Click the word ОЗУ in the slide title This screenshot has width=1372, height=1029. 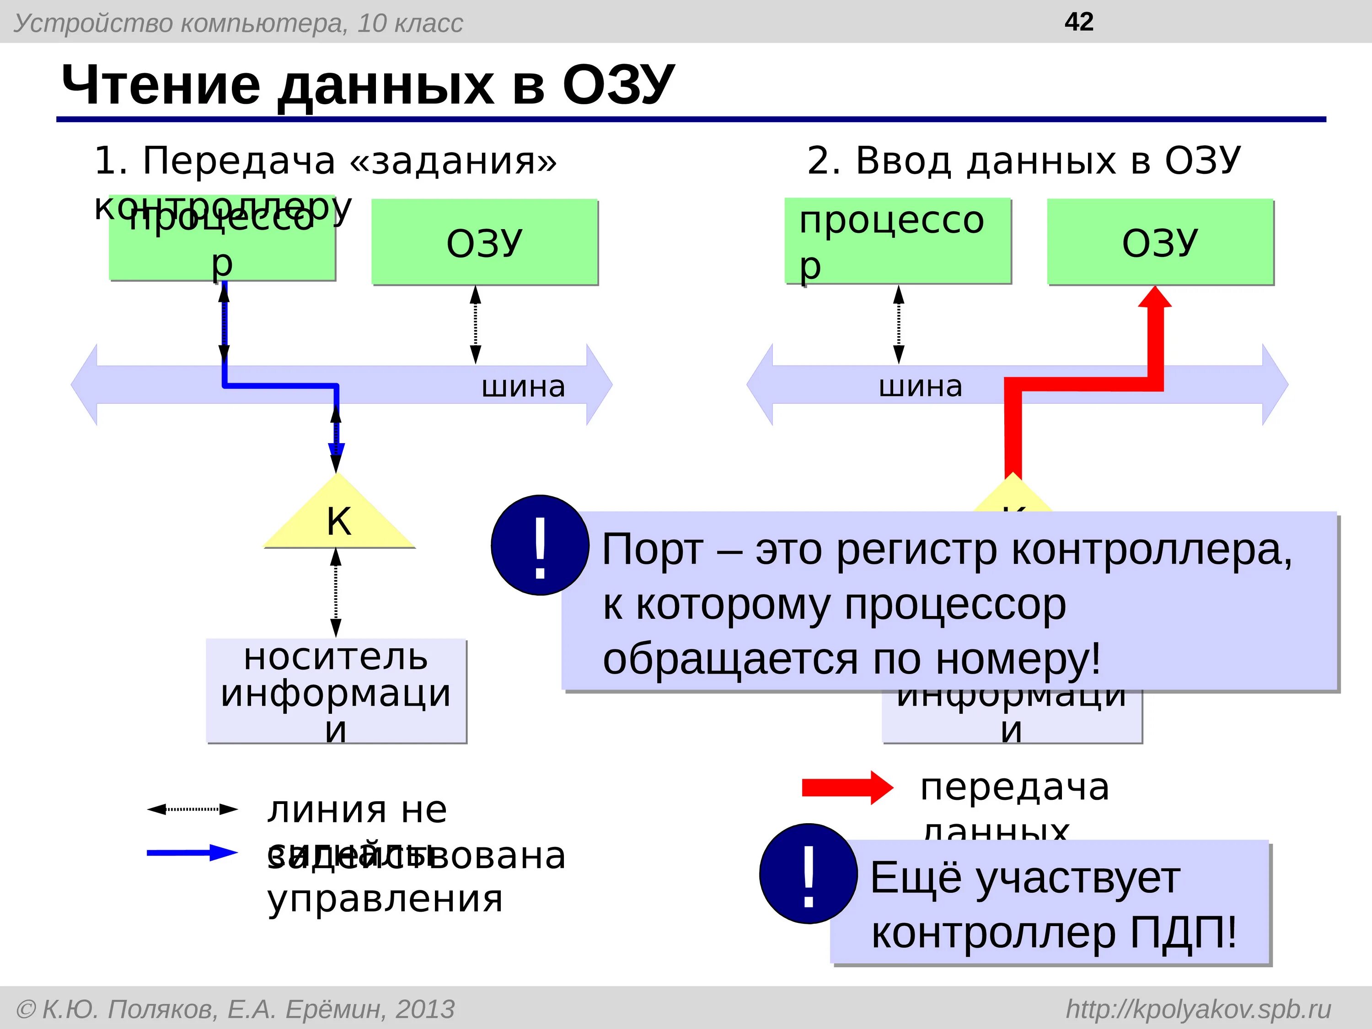[x=618, y=85]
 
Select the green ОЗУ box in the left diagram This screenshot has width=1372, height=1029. [x=484, y=242]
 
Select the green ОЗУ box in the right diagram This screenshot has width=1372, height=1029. [x=1160, y=242]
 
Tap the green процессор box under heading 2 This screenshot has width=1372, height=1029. [x=897, y=241]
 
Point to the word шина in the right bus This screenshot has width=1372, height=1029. [x=921, y=386]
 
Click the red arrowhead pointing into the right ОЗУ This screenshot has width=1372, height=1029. [x=1155, y=298]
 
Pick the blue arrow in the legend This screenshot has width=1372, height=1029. [x=192, y=853]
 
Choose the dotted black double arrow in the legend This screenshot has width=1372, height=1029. [x=192, y=809]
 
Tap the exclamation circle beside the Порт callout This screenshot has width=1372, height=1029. [x=540, y=545]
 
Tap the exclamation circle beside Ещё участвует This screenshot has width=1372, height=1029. [x=808, y=874]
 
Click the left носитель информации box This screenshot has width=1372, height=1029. [x=336, y=691]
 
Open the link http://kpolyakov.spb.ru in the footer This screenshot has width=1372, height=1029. [x=1198, y=1009]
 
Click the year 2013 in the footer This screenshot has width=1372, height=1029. [x=425, y=1009]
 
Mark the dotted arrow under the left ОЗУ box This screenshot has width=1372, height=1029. [x=475, y=324]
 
